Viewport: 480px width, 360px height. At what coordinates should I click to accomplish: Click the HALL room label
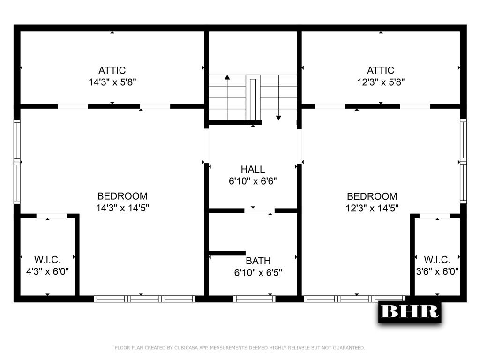point(253,169)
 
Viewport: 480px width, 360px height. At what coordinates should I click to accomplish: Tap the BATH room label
point(258,261)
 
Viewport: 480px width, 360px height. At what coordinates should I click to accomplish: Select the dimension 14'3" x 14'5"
point(122,208)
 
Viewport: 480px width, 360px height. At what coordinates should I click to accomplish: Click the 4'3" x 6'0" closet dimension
point(47,271)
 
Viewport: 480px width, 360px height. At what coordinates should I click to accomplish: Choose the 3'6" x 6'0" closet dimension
point(437,271)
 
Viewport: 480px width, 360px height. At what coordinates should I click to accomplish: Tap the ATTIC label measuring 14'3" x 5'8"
point(112,70)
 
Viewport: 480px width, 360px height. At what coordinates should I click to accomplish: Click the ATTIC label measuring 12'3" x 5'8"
point(381,70)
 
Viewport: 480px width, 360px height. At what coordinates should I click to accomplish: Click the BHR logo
point(410,312)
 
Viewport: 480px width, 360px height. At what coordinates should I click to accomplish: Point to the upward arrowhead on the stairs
point(227,77)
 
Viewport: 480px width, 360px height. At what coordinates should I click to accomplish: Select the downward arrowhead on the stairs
point(278,118)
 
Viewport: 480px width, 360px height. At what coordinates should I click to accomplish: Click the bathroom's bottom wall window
point(255,299)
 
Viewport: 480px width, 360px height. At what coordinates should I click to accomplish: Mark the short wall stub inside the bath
point(227,253)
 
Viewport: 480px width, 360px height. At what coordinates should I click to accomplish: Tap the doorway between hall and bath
point(259,210)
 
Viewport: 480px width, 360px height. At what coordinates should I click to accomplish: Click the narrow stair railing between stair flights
point(253,99)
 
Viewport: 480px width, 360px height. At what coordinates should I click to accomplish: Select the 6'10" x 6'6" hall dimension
point(253,181)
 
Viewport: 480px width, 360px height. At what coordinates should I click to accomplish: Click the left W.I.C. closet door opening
point(52,216)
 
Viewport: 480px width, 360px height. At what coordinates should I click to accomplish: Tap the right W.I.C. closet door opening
point(435,216)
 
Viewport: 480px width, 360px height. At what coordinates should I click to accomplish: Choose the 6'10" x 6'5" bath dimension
point(258,272)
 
